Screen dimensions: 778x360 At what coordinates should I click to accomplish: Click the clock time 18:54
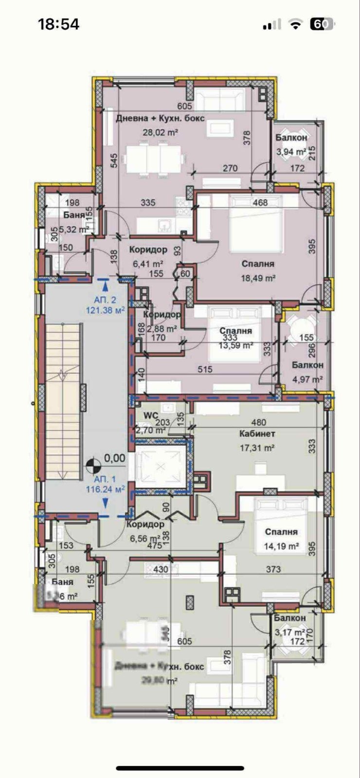pyautogui.click(x=58, y=24)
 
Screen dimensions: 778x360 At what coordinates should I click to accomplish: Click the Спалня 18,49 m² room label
pyautogui.click(x=258, y=264)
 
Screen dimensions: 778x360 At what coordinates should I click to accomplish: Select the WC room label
pyautogui.click(x=150, y=416)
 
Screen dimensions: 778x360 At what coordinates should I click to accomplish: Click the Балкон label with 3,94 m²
pyautogui.click(x=291, y=138)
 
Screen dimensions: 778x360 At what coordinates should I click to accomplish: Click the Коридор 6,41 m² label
pyautogui.click(x=148, y=250)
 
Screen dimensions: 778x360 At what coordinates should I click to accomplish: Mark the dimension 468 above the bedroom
pyautogui.click(x=260, y=203)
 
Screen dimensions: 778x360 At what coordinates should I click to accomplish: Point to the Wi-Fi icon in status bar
pyautogui.click(x=295, y=24)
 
